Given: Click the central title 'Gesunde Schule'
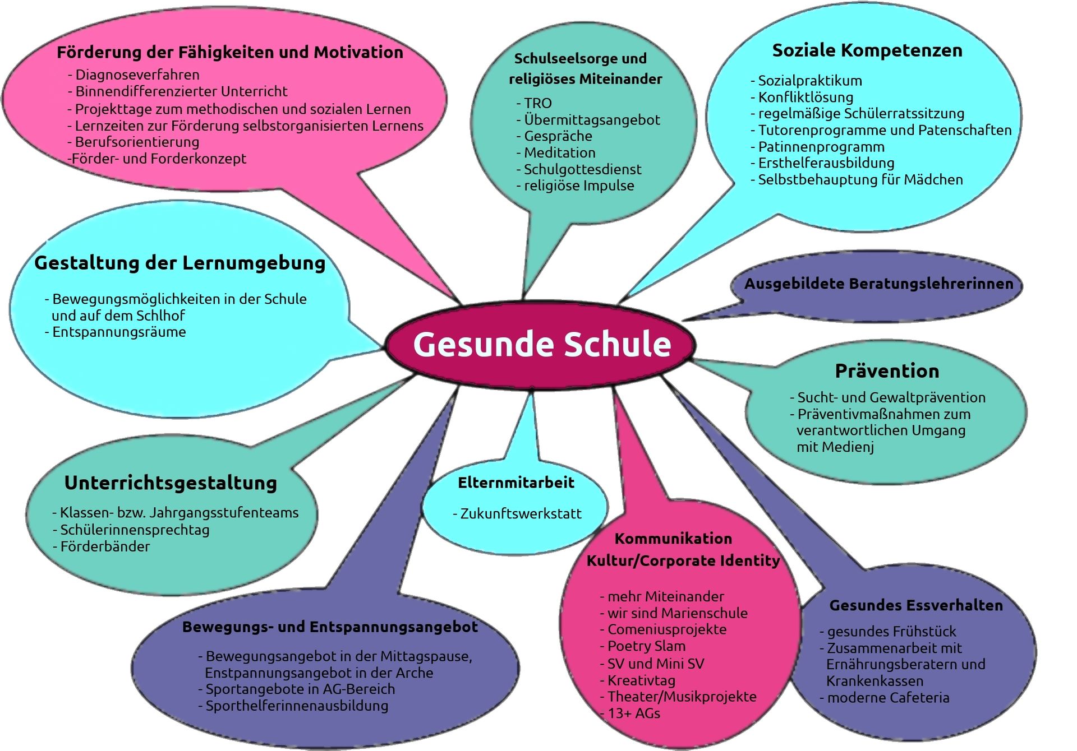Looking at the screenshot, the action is pos(542,344).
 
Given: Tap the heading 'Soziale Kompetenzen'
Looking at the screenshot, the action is pos(867,50).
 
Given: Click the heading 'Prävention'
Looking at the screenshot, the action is pos(887,371).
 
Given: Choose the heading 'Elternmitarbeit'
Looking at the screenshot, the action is pos(516,483).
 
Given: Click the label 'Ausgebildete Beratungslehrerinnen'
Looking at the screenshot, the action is pos(878,284).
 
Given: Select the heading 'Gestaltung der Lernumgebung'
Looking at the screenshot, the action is pos(179,263).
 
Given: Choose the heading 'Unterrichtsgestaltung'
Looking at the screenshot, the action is pos(171,483).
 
